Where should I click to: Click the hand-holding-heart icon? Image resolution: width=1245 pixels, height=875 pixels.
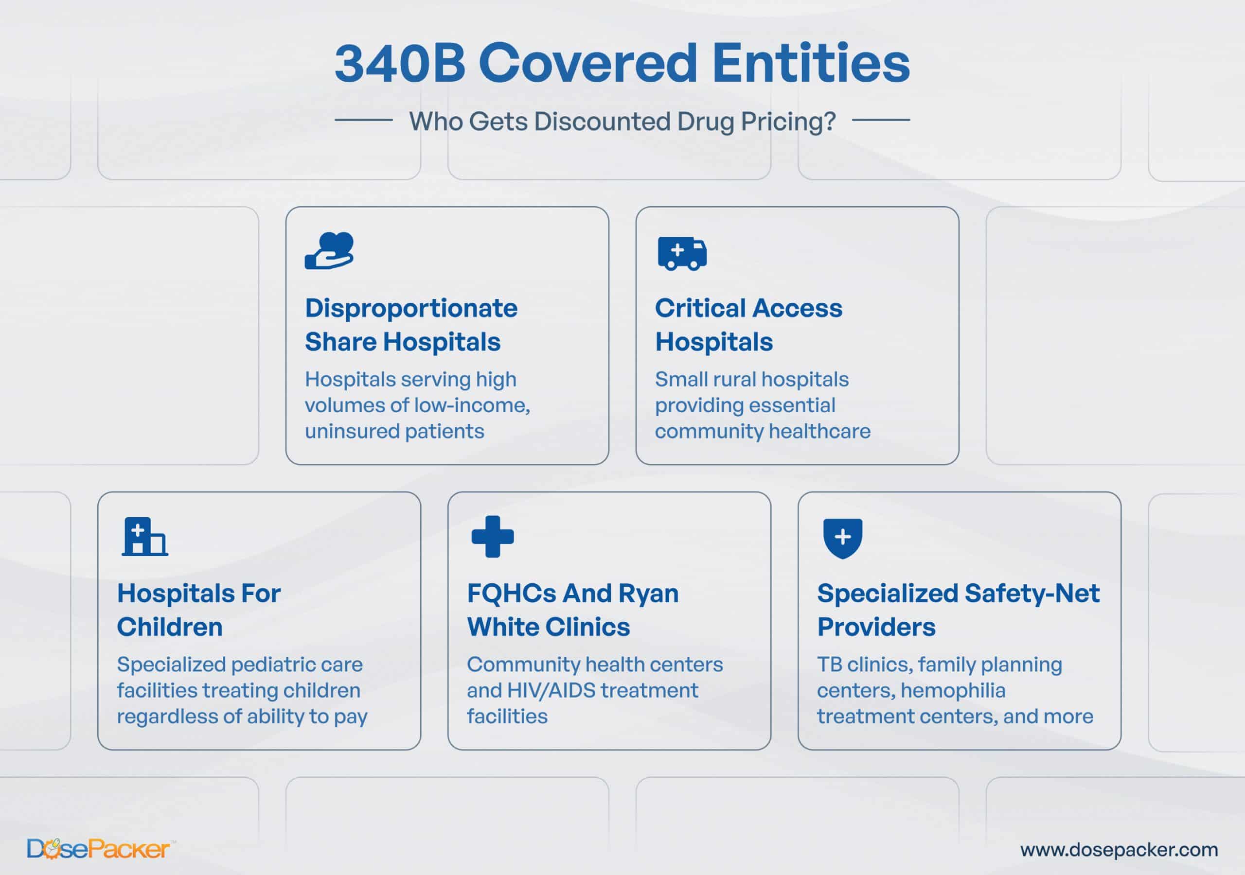(329, 250)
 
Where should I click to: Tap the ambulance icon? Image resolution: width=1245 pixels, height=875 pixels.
(682, 253)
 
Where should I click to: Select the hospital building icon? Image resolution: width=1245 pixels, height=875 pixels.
(145, 537)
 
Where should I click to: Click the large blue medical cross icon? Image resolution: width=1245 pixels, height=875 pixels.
(492, 537)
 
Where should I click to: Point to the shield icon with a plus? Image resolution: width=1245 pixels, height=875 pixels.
(843, 538)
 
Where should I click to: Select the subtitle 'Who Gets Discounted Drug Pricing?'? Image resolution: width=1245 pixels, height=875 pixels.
(622, 121)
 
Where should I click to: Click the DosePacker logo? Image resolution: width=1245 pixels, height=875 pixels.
(101, 848)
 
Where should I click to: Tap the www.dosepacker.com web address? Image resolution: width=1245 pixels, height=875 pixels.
(1119, 850)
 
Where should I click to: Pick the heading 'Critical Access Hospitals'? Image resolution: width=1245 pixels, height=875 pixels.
(749, 325)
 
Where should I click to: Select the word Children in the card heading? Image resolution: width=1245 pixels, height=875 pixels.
(170, 627)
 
